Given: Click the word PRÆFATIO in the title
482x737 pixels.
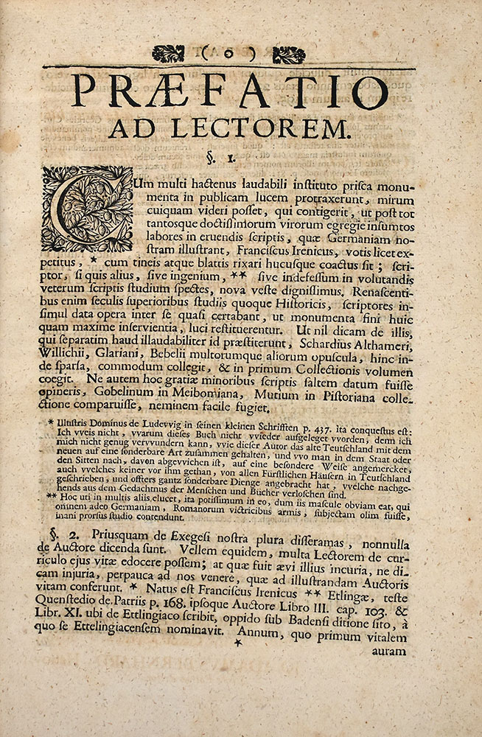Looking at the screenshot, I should click(x=230, y=91).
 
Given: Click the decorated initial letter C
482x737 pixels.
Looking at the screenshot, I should click(x=87, y=209).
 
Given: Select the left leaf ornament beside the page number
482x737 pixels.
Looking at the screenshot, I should click(x=168, y=54).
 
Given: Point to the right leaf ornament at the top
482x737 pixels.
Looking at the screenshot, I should click(x=288, y=55).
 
